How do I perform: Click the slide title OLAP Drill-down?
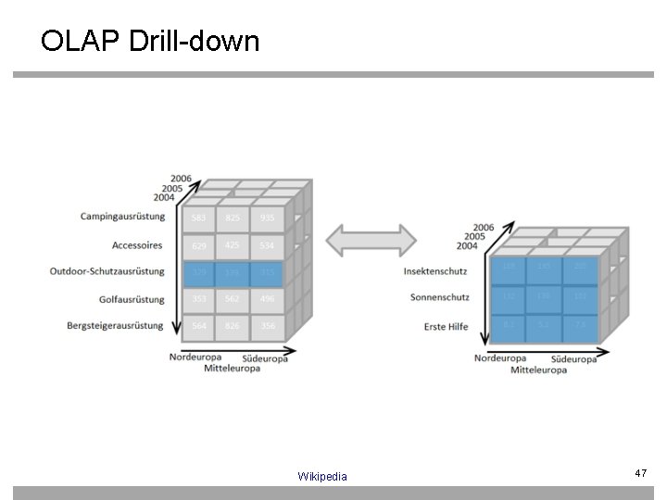(x=150, y=41)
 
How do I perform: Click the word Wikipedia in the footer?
(x=322, y=476)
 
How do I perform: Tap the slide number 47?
(x=639, y=473)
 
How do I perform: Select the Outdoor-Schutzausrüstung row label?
(x=107, y=271)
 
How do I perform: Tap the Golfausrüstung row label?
(x=128, y=299)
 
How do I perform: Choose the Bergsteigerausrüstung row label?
(x=115, y=325)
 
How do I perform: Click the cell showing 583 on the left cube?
(x=198, y=219)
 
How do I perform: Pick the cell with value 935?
(x=267, y=219)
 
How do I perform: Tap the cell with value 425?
(x=233, y=245)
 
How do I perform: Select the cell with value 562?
(x=233, y=299)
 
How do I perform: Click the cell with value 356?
(x=267, y=326)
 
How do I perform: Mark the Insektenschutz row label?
(x=436, y=271)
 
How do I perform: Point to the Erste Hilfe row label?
(x=447, y=326)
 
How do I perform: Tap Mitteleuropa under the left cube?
(x=232, y=368)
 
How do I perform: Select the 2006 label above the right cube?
(x=483, y=226)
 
